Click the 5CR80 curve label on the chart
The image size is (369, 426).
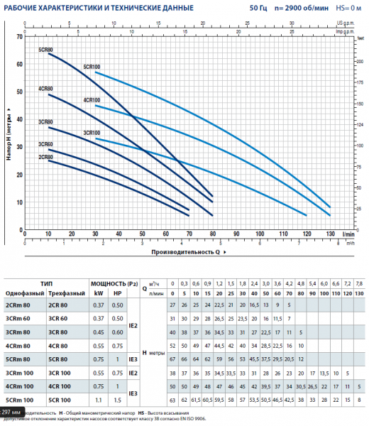pyautogui.click(x=45, y=50)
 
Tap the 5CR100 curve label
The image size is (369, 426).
pyautogui.click(x=92, y=67)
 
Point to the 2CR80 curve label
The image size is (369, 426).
pyautogui.click(x=45, y=156)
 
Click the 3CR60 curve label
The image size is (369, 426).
pyautogui.click(x=45, y=144)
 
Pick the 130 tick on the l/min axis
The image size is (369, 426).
pyautogui.click(x=329, y=234)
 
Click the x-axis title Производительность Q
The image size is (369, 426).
pyautogui.click(x=183, y=251)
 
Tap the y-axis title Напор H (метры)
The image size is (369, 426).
pyautogui.click(x=9, y=135)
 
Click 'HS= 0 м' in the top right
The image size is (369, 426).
pyautogui.click(x=346, y=8)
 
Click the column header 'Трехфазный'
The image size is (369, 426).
pyautogui.click(x=65, y=292)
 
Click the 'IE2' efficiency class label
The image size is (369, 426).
pyautogui.click(x=133, y=324)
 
